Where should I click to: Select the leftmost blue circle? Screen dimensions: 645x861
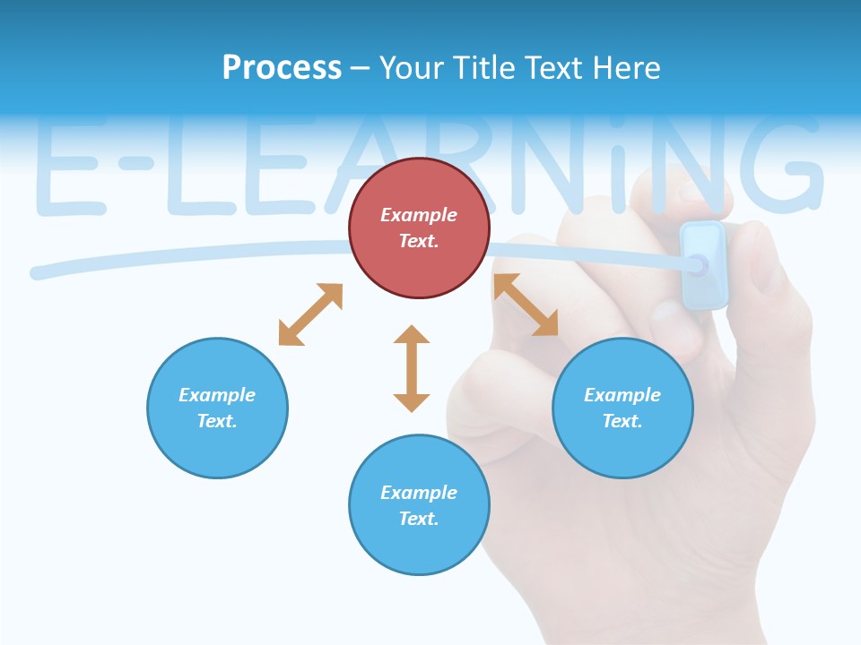tap(217, 408)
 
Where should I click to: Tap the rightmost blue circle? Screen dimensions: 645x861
tap(622, 408)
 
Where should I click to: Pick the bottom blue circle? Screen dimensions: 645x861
tap(419, 505)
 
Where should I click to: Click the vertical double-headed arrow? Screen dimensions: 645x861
tap(412, 368)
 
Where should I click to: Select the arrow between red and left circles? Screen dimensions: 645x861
tap(310, 314)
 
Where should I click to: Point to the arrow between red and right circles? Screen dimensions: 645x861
tap(526, 305)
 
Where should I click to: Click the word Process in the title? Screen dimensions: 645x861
tap(282, 68)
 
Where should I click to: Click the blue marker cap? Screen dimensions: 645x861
tap(703, 265)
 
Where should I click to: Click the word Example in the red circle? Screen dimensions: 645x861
tap(419, 215)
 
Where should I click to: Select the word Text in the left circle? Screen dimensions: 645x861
tap(217, 421)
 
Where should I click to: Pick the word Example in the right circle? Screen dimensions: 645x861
tap(622, 395)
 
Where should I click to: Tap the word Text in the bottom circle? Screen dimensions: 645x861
tap(419, 519)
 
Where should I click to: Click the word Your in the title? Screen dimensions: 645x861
tap(409, 68)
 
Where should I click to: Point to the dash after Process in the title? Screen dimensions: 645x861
tap(361, 69)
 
